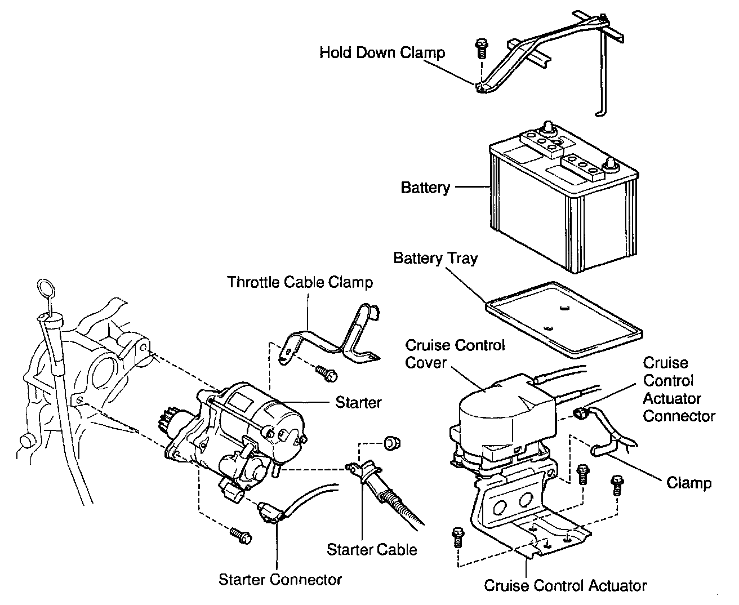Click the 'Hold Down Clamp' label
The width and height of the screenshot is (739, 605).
(382, 53)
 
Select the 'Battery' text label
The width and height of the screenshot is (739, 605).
(425, 188)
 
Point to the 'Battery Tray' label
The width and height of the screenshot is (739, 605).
(435, 259)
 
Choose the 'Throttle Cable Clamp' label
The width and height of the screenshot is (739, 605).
(300, 282)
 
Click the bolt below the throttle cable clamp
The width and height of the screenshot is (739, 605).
(326, 372)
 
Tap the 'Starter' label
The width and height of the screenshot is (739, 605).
(358, 403)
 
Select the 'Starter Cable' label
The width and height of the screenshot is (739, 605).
(372, 549)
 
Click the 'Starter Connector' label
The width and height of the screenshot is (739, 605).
(280, 579)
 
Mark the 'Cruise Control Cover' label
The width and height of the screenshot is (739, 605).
(455, 354)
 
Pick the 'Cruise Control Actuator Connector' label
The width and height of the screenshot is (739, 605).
(679, 389)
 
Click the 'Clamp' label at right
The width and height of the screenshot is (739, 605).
(688, 483)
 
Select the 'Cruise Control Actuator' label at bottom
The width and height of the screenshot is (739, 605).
(565, 586)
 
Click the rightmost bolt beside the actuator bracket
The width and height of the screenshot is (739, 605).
(617, 484)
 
